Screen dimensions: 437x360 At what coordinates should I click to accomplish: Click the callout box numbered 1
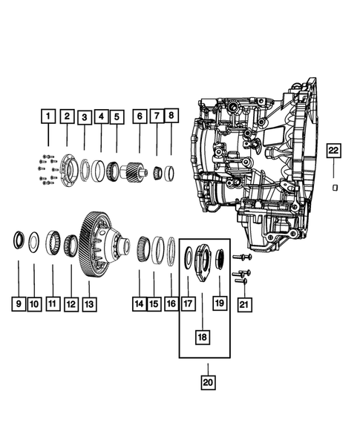coord(47,116)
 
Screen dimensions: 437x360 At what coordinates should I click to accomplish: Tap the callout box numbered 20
coord(208,381)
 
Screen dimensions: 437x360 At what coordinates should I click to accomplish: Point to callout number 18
coord(202,335)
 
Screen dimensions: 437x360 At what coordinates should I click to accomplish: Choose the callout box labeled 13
coord(89,304)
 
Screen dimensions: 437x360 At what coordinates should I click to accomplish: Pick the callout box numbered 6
coord(139,116)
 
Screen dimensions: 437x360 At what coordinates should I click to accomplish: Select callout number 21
coord(243,304)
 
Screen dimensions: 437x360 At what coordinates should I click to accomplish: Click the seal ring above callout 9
coord(17,240)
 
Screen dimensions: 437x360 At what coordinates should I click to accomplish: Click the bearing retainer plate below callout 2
coord(68,166)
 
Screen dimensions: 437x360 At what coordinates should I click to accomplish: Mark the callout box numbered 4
coord(102,116)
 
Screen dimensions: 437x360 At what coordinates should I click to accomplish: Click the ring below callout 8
coord(170,174)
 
